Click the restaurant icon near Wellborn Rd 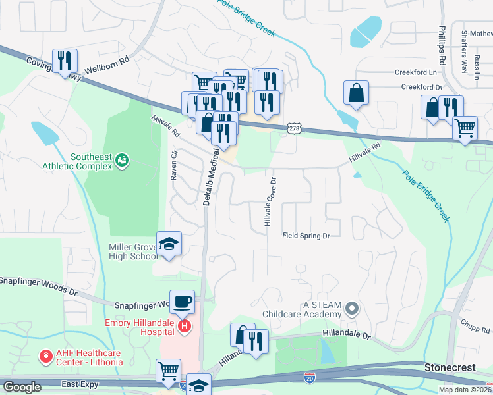click(x=65, y=61)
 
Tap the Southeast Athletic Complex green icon click(x=121, y=159)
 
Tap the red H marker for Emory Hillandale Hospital click(x=185, y=326)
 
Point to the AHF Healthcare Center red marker click(x=45, y=357)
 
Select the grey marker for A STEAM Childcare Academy click(x=353, y=308)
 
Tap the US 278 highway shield click(x=294, y=128)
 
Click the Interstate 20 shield click(x=310, y=377)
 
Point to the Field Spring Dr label click(x=306, y=235)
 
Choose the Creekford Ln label click(x=416, y=72)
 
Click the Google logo click(x=22, y=386)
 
